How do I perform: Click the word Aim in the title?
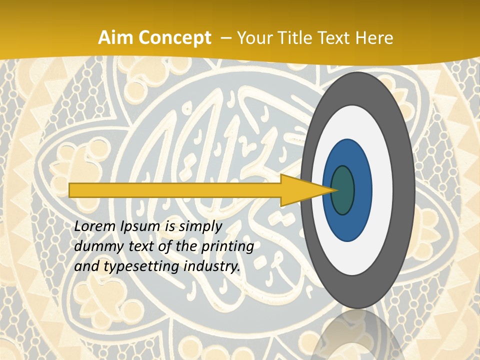point(115,37)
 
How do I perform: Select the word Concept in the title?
point(174,37)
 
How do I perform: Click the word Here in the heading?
point(375,37)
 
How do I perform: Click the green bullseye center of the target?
point(342,190)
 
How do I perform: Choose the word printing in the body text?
point(228,247)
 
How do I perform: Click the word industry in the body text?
point(210,266)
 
